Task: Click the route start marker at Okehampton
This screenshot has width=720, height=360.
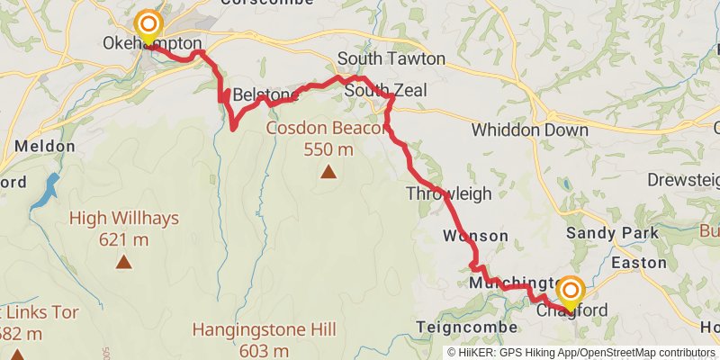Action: (x=148, y=25)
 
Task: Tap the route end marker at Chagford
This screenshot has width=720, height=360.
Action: (x=571, y=291)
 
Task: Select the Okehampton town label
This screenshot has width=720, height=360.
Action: (x=152, y=43)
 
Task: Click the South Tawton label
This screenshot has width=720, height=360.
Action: (x=391, y=58)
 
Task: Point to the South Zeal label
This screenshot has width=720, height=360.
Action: (x=379, y=91)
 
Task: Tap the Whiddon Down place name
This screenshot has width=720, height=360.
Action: (x=530, y=130)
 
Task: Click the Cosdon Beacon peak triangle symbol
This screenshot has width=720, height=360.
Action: (x=328, y=172)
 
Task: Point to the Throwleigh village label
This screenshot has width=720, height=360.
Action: (x=448, y=193)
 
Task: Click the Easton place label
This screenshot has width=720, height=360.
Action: (x=638, y=263)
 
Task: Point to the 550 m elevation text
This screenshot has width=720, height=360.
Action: (x=328, y=149)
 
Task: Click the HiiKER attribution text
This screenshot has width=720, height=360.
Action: (x=581, y=352)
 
